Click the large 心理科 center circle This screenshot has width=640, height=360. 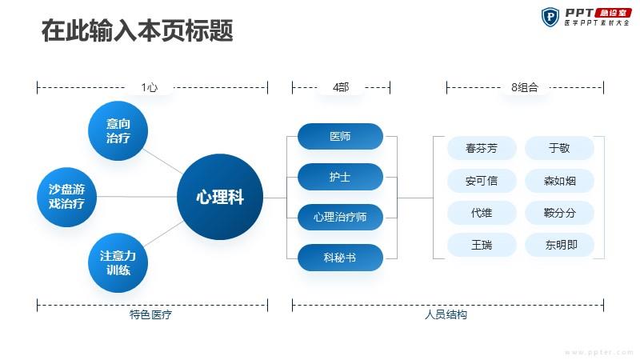tap(220, 197)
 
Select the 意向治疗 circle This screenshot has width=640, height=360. tap(118, 130)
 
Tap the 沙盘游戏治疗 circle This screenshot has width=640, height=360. tap(66, 197)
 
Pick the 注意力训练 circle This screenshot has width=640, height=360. tap(118, 262)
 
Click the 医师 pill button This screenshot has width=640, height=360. tap(341, 136)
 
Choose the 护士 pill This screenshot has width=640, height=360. tap(341, 177)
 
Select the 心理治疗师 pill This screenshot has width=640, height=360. tap(341, 217)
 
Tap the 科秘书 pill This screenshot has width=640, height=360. tap(341, 258)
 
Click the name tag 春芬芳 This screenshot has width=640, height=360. tap(482, 148)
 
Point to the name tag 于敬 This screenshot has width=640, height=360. tap(559, 148)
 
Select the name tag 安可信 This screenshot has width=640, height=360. tap(482, 181)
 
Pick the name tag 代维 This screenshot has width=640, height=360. tap(482, 213)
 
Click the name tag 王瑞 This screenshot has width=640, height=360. tap(482, 245)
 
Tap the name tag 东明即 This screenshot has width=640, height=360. tap(559, 245)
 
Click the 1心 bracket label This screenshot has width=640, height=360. tap(150, 87)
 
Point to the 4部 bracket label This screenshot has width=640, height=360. tap(341, 87)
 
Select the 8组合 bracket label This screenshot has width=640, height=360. tap(525, 87)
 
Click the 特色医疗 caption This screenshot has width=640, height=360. tap(150, 314)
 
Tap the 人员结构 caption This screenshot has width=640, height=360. tap(446, 314)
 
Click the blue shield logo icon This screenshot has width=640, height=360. tap(550, 17)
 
